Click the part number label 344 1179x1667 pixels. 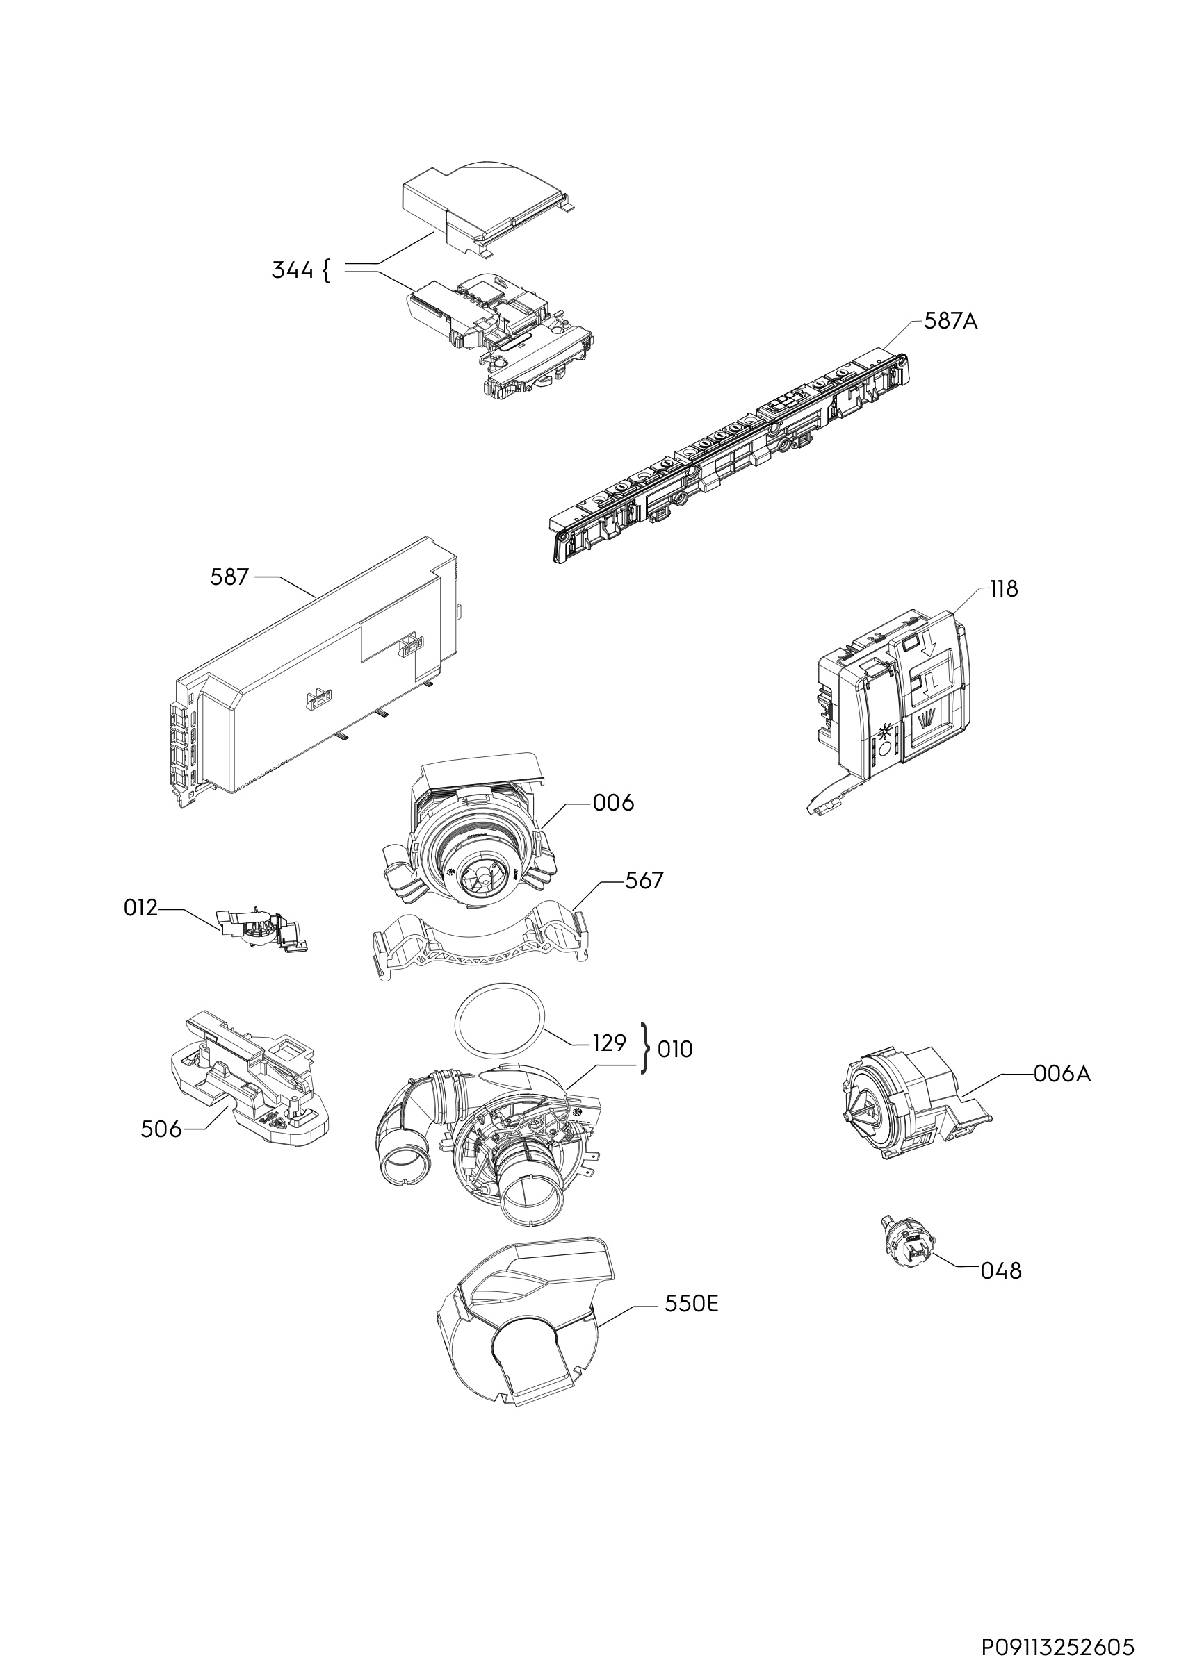point(292,271)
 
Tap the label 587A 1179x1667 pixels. point(950,321)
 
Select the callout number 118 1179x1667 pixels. point(1004,590)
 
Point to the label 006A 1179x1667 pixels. point(1062,1094)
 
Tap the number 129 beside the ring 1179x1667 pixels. point(609,1043)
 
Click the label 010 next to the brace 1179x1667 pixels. point(675,1050)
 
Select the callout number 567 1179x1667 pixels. point(644,881)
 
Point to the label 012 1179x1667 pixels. point(140,909)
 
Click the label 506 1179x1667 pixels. point(161,1129)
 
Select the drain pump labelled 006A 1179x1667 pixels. point(908,1107)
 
